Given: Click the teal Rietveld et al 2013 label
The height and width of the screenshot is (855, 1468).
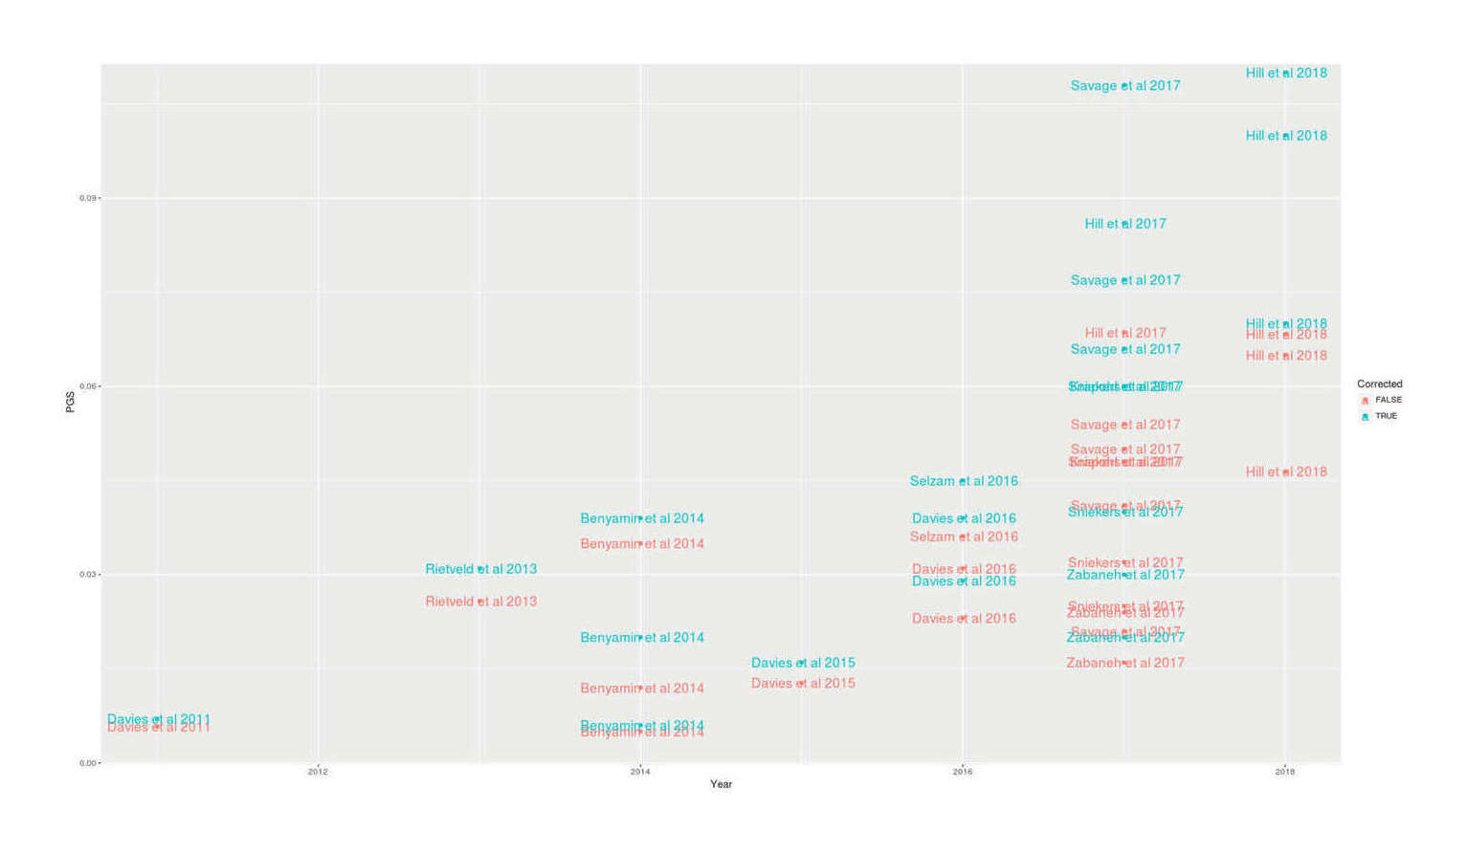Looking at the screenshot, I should [480, 569].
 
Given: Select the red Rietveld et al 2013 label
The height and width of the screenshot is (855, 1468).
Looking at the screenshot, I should [480, 602].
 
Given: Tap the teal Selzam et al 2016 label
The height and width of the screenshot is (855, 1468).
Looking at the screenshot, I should [964, 481].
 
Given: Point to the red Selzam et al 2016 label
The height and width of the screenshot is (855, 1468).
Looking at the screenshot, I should [964, 537].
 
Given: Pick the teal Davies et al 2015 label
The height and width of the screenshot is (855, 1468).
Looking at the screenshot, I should [803, 663].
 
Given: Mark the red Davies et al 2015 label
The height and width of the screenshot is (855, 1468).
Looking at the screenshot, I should [803, 683].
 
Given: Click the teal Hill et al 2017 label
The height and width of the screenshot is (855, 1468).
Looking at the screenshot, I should [1124, 224].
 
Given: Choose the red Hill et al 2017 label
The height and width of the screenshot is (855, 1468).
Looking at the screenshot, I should [1124, 333].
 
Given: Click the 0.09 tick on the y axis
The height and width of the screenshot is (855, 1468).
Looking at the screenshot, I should [87, 198].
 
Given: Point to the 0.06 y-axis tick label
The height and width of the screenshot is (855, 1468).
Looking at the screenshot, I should [87, 386].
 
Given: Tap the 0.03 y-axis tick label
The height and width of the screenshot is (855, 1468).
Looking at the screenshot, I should [87, 575].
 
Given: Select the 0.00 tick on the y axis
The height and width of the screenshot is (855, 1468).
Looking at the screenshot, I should [87, 763].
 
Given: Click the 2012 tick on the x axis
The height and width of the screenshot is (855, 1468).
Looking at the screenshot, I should [318, 772].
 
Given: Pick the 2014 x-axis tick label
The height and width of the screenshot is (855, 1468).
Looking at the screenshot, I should [640, 772].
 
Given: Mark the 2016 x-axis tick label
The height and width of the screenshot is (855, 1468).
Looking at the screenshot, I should [963, 772].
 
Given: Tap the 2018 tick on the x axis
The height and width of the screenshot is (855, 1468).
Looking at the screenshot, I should [1285, 772].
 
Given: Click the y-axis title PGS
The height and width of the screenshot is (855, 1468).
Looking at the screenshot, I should [70, 402].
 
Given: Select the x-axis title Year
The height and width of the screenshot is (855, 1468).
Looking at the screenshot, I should [721, 784].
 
